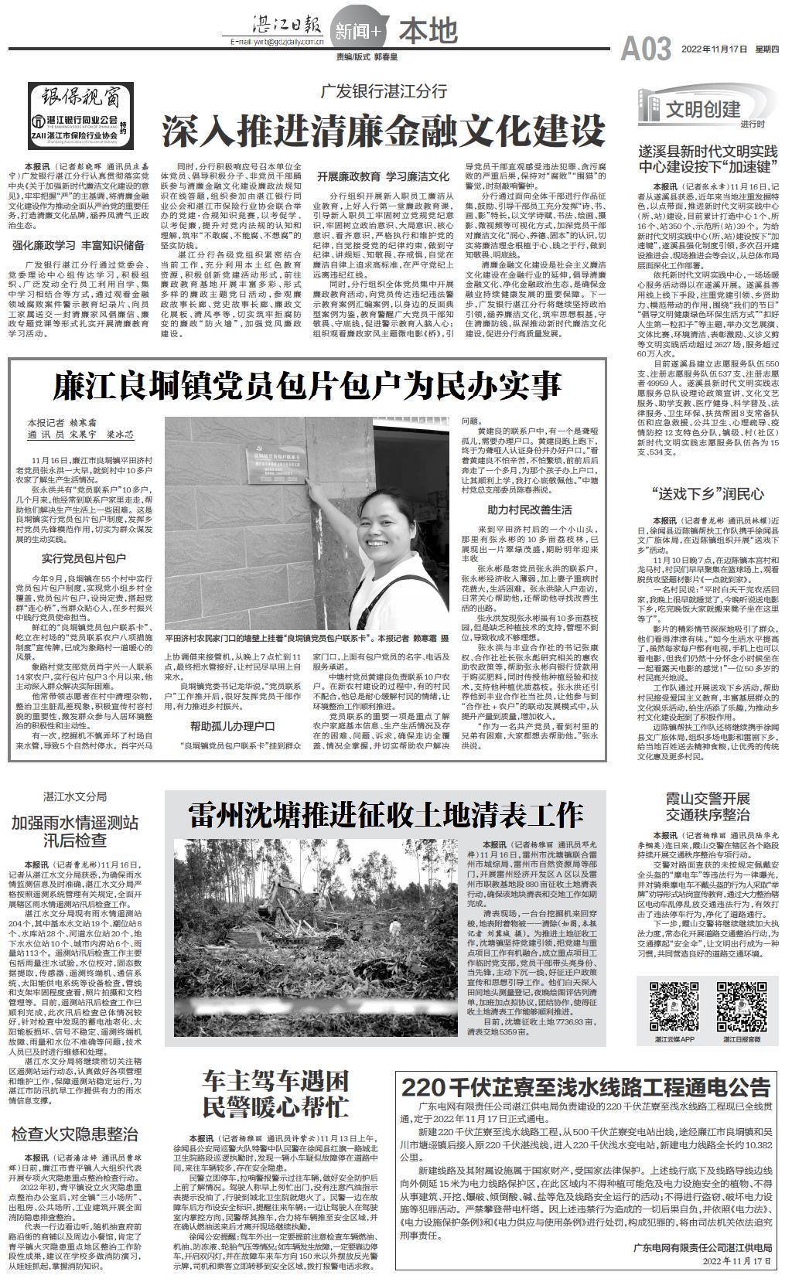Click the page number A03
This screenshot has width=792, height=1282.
point(646,49)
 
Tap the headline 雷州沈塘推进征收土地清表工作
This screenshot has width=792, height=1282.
point(386,815)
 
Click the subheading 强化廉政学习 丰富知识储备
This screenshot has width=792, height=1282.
point(78,246)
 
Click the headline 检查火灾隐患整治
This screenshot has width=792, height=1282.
point(75,1135)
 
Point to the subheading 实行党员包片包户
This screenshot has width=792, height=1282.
point(84,557)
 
